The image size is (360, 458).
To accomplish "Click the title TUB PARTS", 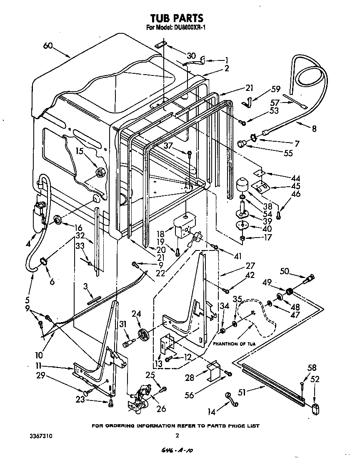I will (177, 18).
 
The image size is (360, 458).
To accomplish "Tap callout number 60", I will (48, 46).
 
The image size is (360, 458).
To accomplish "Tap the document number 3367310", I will (42, 435).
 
